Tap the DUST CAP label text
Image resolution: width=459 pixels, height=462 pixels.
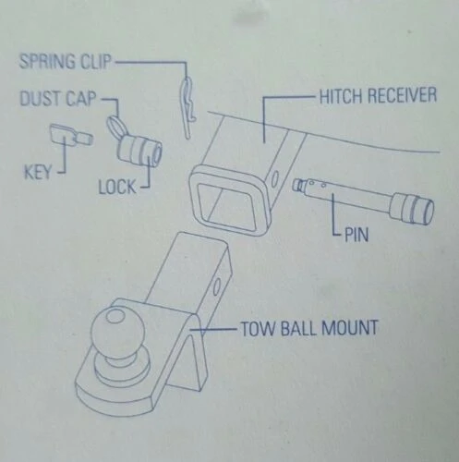[57, 97]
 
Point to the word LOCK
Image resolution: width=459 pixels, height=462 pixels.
[117, 188]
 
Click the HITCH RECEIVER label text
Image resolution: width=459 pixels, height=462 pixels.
[377, 96]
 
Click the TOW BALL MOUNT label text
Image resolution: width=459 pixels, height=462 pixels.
[309, 327]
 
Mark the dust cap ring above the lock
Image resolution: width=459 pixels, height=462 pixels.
[117, 123]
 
